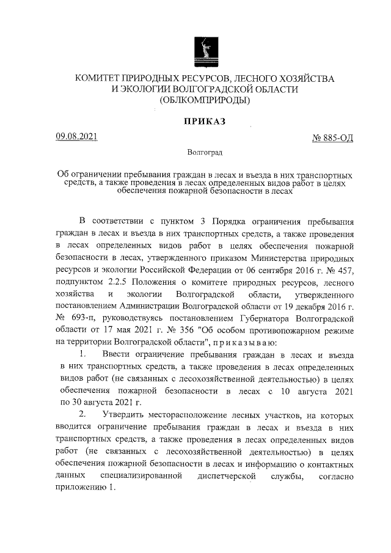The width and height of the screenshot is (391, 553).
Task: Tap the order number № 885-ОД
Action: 332,138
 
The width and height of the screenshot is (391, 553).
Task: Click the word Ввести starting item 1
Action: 121,354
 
